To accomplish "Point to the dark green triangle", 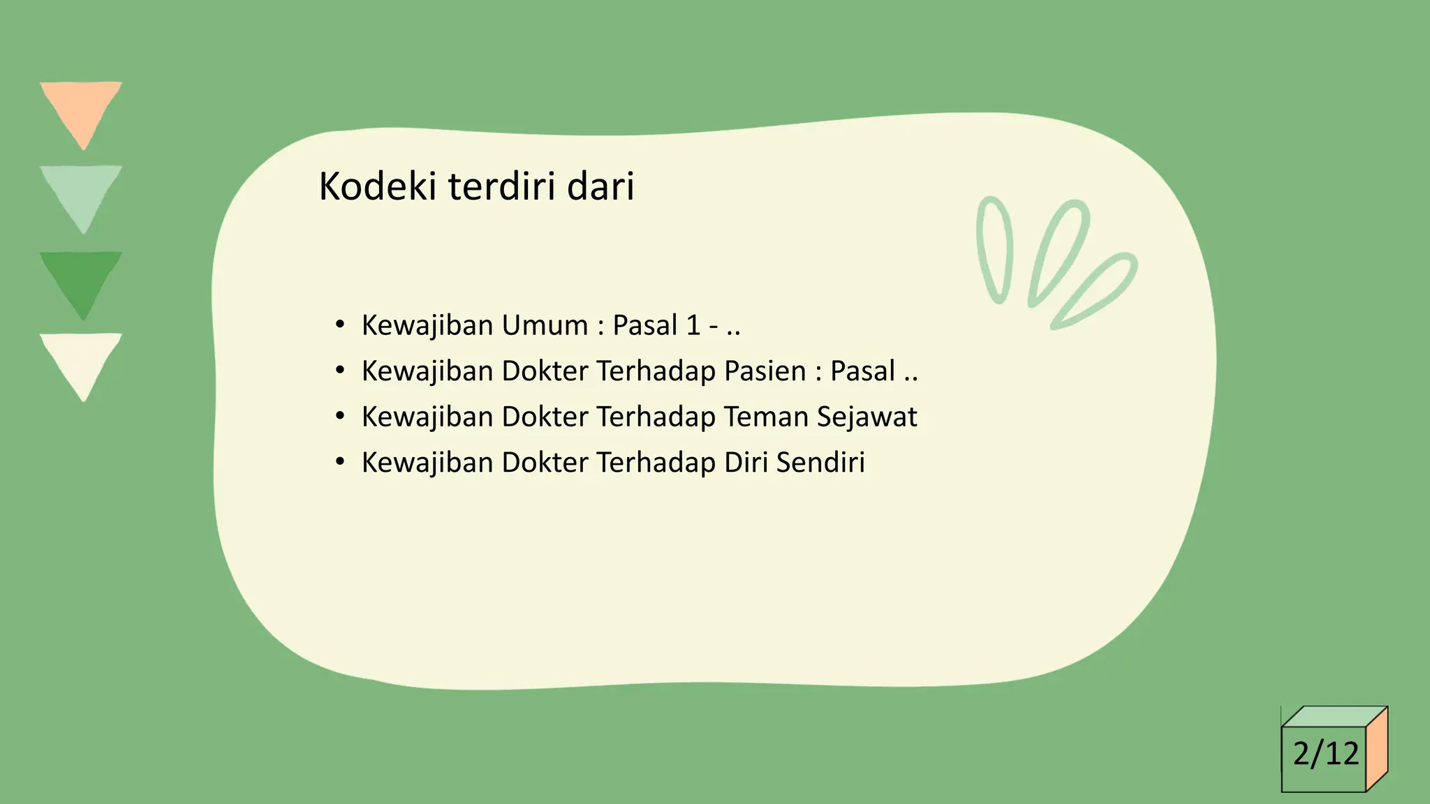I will pos(82,278).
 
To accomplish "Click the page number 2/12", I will pos(1325,754).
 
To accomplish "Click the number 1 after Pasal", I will pos(693,325).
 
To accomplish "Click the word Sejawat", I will pos(867,417).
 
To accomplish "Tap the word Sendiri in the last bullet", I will pos(820,463).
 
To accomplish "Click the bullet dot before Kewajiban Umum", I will pos(340,325).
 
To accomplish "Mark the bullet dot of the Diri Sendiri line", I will pos(340,462).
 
